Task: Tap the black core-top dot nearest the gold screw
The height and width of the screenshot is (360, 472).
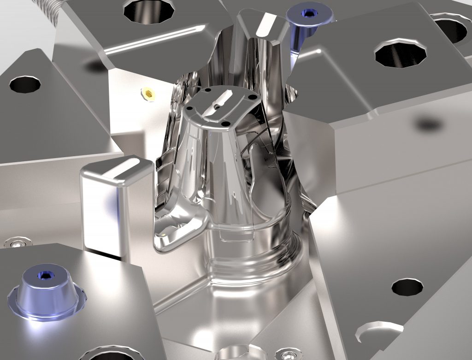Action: (189, 108)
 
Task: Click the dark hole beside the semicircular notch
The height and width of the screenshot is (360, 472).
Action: (407, 287)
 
